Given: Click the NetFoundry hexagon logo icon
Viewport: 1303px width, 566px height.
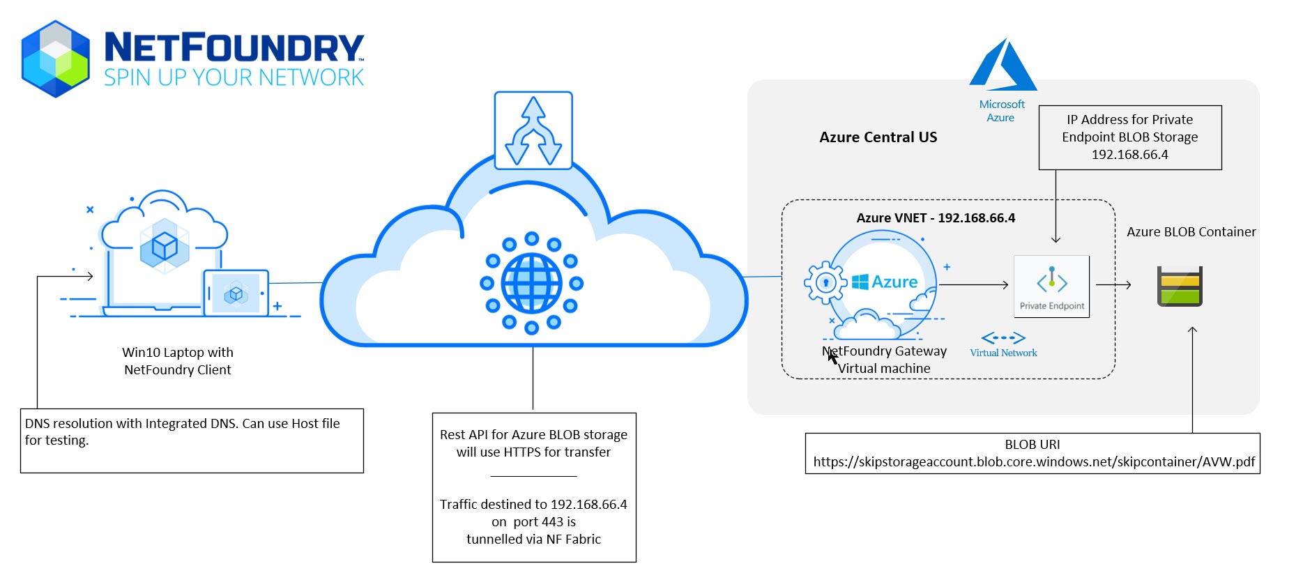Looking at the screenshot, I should click(x=56, y=59).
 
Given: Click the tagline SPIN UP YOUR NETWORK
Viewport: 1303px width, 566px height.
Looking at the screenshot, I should click(x=234, y=77).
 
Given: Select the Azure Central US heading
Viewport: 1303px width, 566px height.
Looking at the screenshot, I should click(x=878, y=137).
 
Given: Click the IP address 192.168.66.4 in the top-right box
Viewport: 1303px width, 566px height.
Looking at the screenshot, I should click(x=1129, y=155).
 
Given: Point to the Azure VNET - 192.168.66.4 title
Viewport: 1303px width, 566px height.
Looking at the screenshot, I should click(x=936, y=218).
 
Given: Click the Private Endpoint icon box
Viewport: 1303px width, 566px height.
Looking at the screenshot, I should click(x=1051, y=286).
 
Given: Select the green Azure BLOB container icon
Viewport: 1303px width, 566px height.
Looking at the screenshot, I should click(x=1180, y=286).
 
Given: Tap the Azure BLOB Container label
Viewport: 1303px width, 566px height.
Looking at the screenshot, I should click(x=1191, y=232).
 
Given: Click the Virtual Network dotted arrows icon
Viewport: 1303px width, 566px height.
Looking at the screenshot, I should click(x=1003, y=338).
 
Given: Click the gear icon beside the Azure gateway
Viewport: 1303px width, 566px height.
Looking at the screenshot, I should click(x=825, y=282).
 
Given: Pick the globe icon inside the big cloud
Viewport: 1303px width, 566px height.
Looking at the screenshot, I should click(x=532, y=283).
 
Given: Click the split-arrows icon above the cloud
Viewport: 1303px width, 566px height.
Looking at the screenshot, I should click(x=533, y=130).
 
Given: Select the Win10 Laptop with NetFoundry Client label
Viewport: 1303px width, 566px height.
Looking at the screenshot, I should click(x=178, y=361).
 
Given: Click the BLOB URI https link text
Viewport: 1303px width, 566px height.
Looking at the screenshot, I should click(x=1034, y=462).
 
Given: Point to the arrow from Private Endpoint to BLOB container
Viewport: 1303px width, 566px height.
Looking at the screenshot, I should click(x=1113, y=284).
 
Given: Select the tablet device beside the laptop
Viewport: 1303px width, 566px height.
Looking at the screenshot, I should click(x=236, y=293).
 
